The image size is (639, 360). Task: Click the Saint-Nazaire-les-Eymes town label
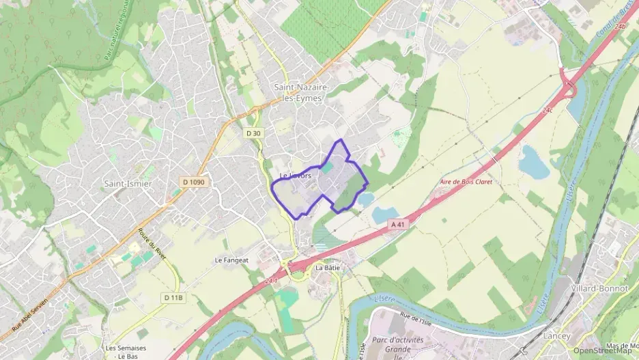pyautogui.click(x=301, y=93)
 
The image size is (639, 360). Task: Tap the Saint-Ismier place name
pyautogui.click(x=128, y=184)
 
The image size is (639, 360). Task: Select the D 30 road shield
pyautogui.click(x=253, y=133)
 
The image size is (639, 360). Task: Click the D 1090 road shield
pyautogui.click(x=194, y=182)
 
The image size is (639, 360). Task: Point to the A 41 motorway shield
pyautogui.click(x=399, y=223)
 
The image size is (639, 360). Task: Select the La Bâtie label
pyautogui.click(x=327, y=268)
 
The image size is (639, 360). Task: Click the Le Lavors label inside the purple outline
pyautogui.click(x=296, y=176)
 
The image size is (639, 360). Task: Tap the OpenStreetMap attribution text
pyautogui.click(x=603, y=350)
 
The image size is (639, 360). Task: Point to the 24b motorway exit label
pyautogui.click(x=620, y=27)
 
